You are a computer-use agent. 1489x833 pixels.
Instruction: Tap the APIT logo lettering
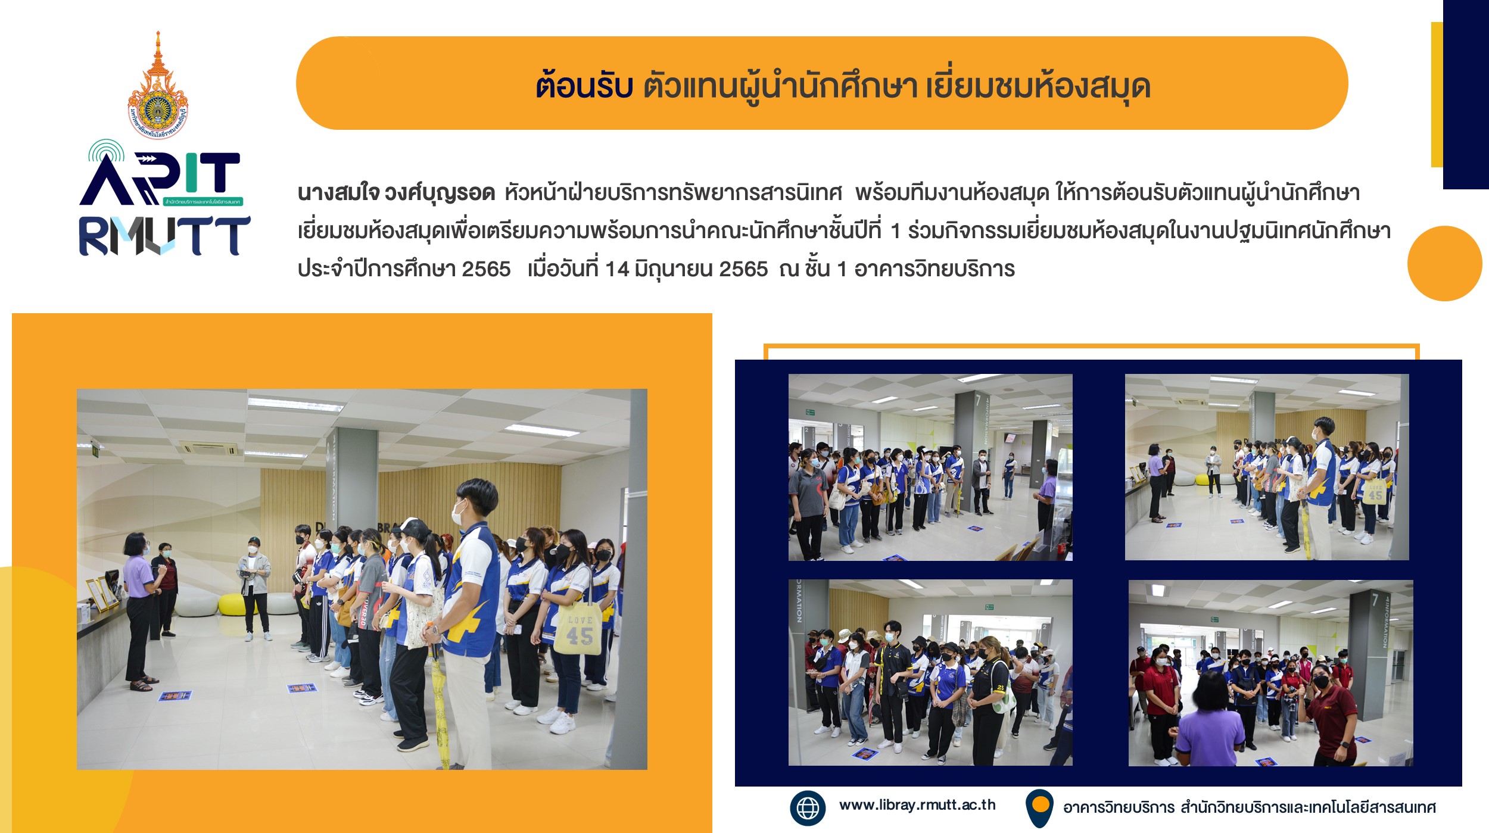pyautogui.click(x=161, y=174)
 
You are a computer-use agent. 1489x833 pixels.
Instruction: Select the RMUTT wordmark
pyautogui.click(x=164, y=236)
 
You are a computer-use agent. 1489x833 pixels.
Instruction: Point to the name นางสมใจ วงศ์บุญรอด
pyautogui.click(x=396, y=193)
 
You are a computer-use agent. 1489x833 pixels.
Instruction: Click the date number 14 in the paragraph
pyautogui.click(x=616, y=269)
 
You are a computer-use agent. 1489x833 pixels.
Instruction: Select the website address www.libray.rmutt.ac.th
pyautogui.click(x=917, y=805)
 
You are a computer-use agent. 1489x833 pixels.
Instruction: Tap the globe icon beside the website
pyautogui.click(x=808, y=808)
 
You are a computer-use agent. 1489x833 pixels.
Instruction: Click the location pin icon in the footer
pyautogui.click(x=1040, y=808)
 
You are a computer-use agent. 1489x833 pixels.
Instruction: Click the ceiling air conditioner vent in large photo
pyautogui.click(x=210, y=448)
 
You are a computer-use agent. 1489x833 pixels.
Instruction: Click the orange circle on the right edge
pyautogui.click(x=1444, y=263)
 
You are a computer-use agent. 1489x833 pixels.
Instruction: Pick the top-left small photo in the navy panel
pyautogui.click(x=930, y=467)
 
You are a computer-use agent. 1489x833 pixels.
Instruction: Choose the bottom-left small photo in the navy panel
pyautogui.click(x=930, y=673)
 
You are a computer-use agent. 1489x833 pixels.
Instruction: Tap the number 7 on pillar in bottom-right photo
pyautogui.click(x=1375, y=600)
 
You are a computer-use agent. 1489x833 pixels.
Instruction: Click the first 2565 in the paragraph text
pyautogui.click(x=486, y=269)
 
